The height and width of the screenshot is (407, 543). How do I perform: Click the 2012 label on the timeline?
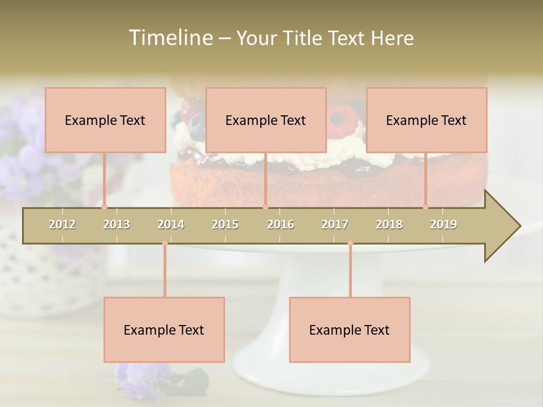(62, 224)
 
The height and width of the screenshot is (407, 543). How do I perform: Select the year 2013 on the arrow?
(117, 224)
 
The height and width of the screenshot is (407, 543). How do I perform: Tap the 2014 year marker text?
(171, 224)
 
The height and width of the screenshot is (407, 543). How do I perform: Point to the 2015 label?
(225, 224)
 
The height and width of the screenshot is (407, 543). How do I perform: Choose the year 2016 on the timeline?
(281, 224)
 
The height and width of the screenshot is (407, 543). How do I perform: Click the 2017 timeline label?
(335, 224)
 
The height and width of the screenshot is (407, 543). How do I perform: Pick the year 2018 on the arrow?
(389, 224)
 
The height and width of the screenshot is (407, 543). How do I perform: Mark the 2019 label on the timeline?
(443, 224)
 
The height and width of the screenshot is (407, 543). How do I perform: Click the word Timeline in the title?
(170, 38)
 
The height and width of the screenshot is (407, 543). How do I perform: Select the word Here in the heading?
(393, 38)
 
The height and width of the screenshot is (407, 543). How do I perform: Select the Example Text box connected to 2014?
(164, 330)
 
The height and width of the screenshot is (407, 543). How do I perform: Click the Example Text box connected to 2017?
(350, 330)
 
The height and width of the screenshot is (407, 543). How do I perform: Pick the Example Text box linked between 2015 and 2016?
(266, 120)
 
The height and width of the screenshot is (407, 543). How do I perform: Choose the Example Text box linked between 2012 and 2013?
(105, 120)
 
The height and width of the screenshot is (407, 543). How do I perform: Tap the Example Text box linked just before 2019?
(426, 120)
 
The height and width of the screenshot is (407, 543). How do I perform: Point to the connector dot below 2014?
(165, 243)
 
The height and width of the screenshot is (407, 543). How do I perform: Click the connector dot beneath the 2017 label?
(350, 243)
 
